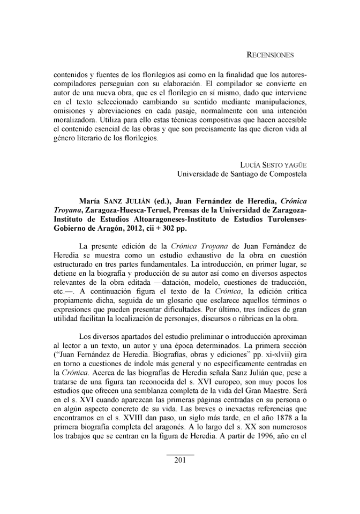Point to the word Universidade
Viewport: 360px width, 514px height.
(200, 173)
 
